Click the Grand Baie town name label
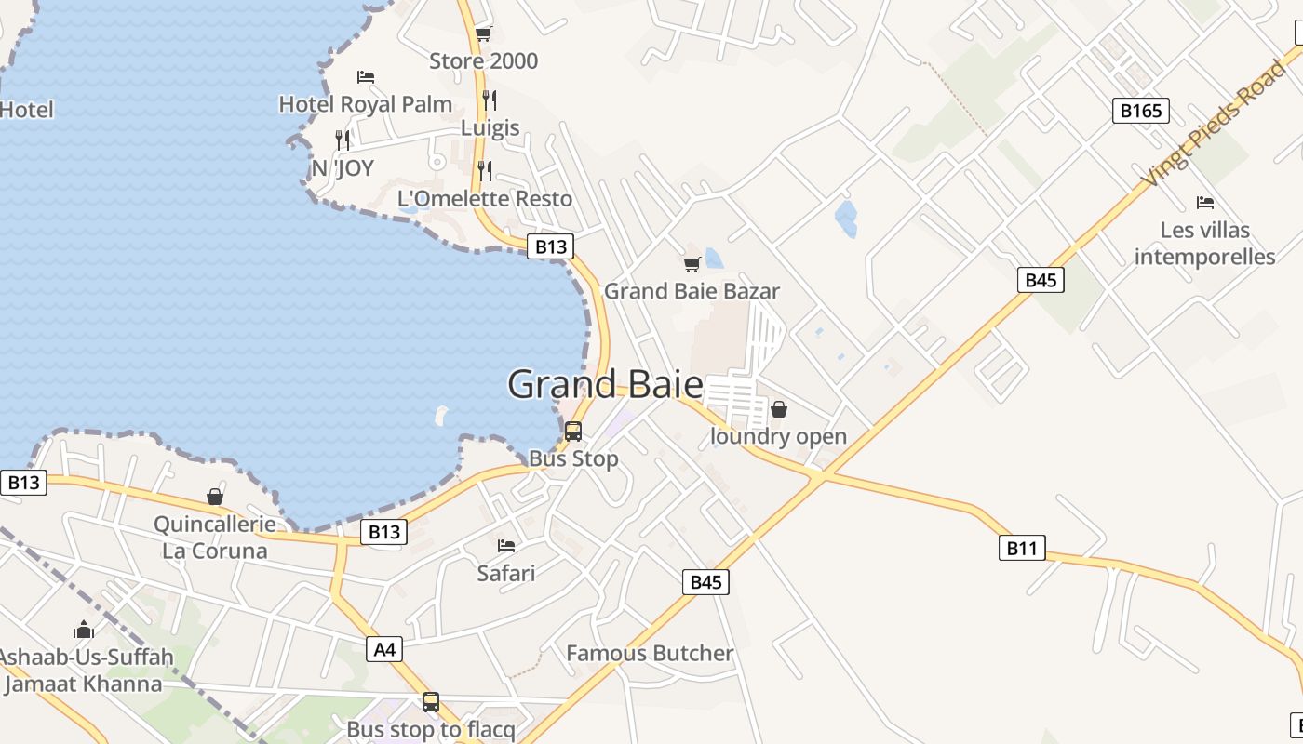tap(605, 384)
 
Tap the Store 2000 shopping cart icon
tap(483, 34)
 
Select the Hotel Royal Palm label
tap(366, 104)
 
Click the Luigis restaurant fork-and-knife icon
tap(490, 100)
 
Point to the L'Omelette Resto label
tap(485, 198)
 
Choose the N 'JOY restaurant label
tap(343, 168)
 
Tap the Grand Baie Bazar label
tap(692, 291)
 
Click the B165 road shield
tap(1140, 112)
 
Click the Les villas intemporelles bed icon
tap(1205, 202)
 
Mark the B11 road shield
tap(1021, 548)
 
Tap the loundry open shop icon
tap(779, 409)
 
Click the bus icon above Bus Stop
tap(573, 432)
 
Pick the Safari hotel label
tap(506, 573)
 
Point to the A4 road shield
tap(384, 649)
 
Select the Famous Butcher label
tap(650, 654)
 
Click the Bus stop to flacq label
tap(431, 730)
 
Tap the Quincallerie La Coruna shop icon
tap(215, 497)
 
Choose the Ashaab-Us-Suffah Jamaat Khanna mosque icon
tap(84, 630)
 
